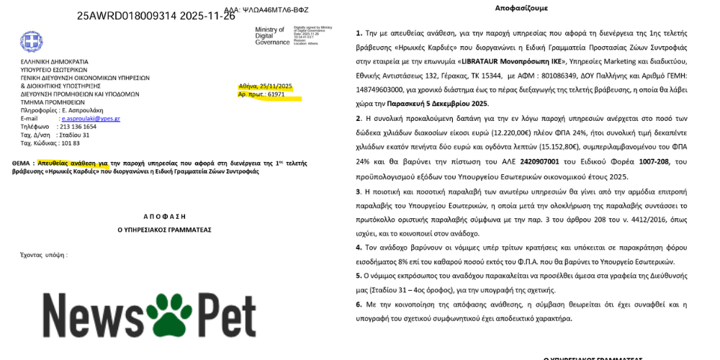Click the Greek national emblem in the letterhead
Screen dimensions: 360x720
[x=31, y=41]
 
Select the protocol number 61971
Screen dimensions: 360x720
[x=271, y=94]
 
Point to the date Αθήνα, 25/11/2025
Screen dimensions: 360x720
[x=266, y=86]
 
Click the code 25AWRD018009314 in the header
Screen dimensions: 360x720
[x=126, y=16]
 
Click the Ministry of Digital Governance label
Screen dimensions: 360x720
[x=272, y=36]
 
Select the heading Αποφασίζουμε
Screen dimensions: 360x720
[x=521, y=8]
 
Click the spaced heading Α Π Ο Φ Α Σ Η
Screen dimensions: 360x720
[x=165, y=216]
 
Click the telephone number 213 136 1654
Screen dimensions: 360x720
[x=78, y=127]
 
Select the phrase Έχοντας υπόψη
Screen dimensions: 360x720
[x=43, y=255]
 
